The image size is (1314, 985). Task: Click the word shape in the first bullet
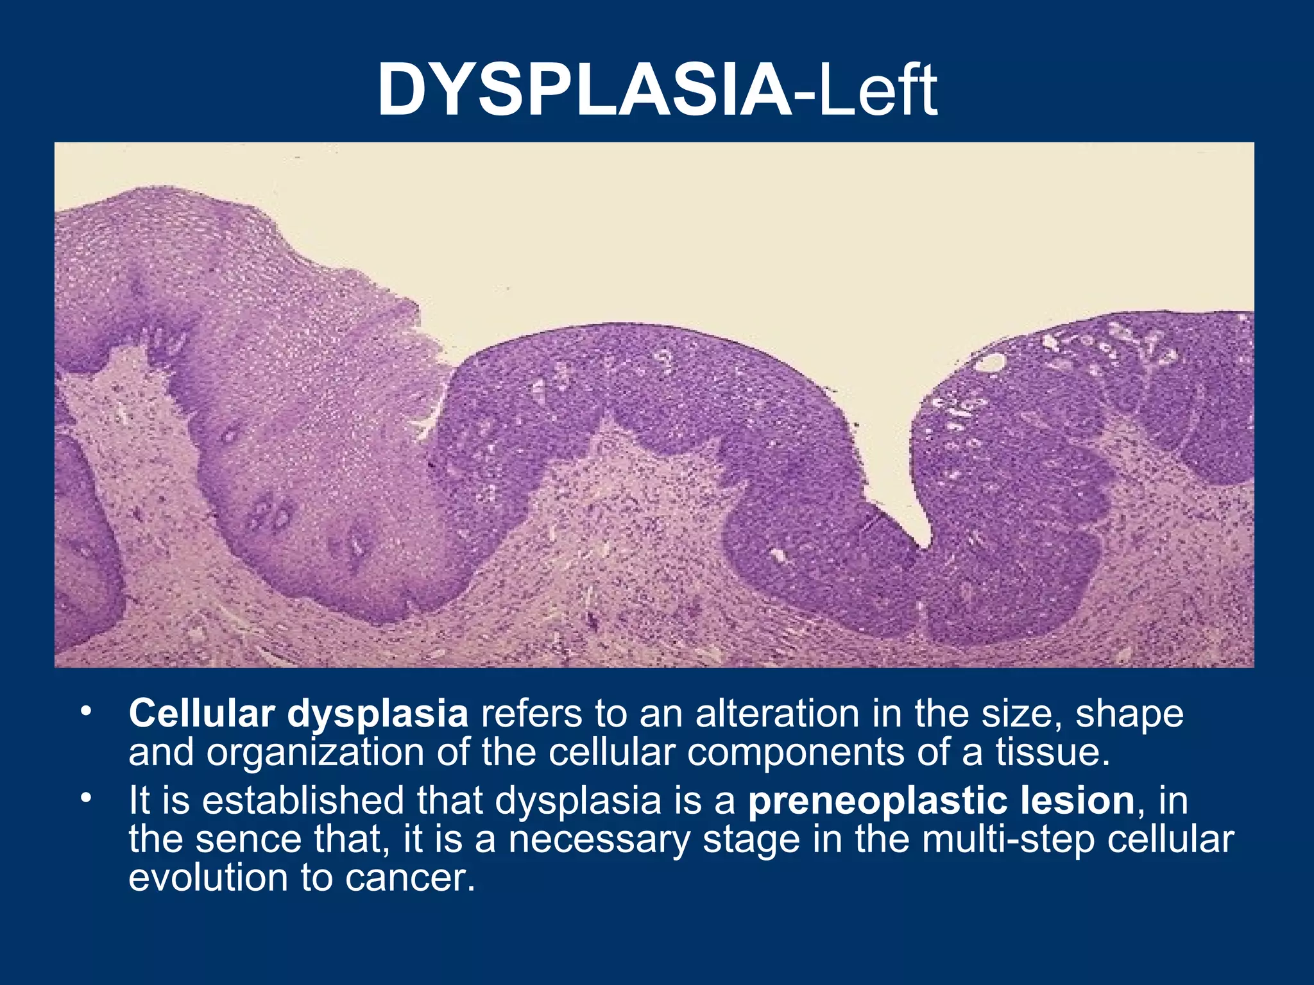click(1130, 713)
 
